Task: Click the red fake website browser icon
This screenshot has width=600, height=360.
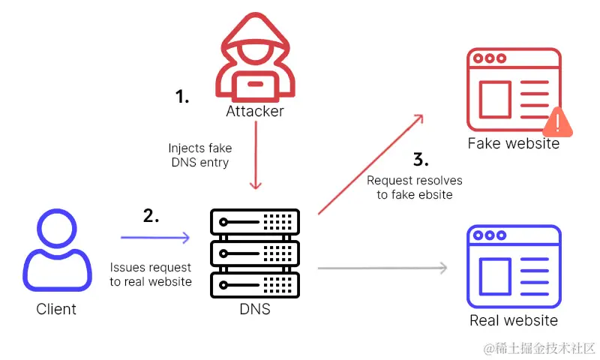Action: (x=513, y=90)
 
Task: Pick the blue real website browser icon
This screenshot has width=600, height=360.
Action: (x=514, y=266)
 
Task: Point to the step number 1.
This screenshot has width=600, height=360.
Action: (x=182, y=96)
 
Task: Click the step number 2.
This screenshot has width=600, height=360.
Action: (x=151, y=216)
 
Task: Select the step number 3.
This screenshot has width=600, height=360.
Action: (x=421, y=159)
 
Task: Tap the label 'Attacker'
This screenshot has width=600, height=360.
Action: (x=255, y=112)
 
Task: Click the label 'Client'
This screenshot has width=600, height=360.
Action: (x=56, y=308)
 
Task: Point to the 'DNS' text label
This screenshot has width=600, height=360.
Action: (x=255, y=308)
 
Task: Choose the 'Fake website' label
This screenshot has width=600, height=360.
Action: (x=513, y=143)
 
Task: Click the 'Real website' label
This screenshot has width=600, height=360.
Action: (x=514, y=320)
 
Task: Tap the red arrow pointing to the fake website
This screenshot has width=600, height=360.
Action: (x=371, y=165)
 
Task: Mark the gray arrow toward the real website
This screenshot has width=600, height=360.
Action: (x=382, y=268)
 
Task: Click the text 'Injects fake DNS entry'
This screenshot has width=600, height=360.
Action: (x=200, y=155)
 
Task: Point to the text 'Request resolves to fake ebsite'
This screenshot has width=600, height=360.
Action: (x=415, y=187)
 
